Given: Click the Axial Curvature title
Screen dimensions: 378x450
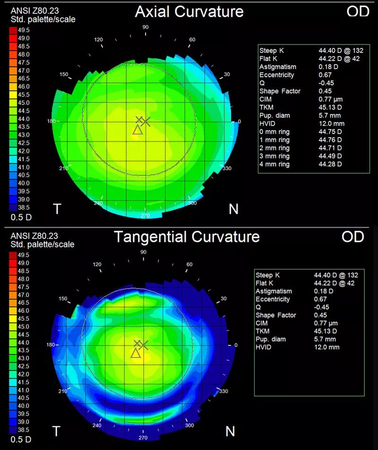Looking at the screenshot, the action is [189, 12].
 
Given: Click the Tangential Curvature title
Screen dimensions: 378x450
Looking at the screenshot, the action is [187, 237].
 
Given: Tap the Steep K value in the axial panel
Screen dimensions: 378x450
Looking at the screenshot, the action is [341, 51].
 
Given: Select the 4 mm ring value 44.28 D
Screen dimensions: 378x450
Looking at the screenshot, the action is [330, 164].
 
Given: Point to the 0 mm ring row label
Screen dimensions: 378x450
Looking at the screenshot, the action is [274, 132].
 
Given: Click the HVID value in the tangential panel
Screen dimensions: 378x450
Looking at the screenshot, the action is [326, 347].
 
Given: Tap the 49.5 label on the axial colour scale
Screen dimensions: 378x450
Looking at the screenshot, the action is [24, 30].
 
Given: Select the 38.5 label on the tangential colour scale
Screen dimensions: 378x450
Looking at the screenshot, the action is [23, 430].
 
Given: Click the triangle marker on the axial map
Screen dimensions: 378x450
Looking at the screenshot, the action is [137, 130].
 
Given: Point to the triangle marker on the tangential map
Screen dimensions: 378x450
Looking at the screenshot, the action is [136, 353].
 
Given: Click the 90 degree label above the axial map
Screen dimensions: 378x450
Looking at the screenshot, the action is [146, 27].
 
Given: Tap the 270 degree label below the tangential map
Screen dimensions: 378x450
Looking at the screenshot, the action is [143, 438].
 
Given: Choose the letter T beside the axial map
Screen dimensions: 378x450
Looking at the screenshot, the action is [57, 209].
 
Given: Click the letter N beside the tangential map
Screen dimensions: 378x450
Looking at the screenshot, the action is [230, 432].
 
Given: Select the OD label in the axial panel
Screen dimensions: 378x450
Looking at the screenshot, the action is [358, 11].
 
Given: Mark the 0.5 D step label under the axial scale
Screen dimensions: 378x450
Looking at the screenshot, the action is [21, 217].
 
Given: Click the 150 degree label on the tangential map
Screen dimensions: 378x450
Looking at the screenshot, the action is [63, 299].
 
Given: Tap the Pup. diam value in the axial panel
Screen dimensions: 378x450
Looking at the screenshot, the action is [329, 115].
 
